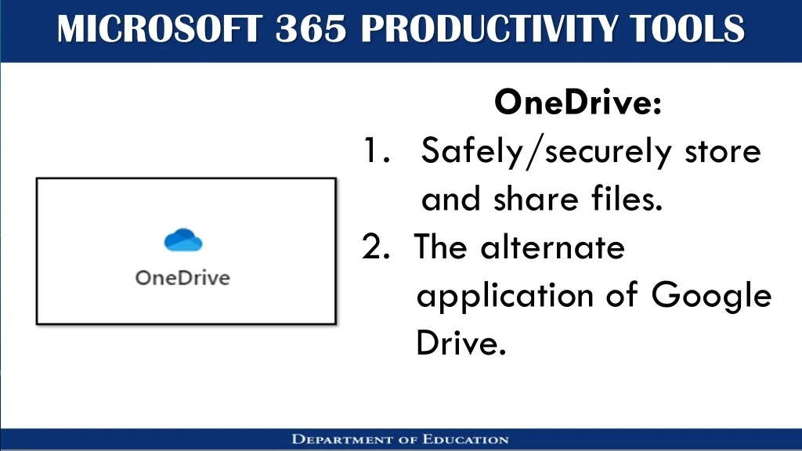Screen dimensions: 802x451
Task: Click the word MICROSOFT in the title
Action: [x=160, y=29]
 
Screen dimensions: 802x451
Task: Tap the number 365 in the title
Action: [x=311, y=29]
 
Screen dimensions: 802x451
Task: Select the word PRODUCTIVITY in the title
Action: [x=489, y=29]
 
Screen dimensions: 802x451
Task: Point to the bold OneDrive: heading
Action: [x=578, y=102]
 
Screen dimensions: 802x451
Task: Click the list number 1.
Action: [x=377, y=150]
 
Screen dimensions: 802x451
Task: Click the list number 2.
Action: [x=376, y=247]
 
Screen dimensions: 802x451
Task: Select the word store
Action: [x=723, y=152]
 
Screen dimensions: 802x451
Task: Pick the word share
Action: [x=536, y=198]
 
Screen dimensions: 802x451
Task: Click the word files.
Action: [x=627, y=198]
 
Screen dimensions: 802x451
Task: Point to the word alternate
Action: [x=552, y=247]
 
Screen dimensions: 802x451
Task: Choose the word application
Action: [x=505, y=296]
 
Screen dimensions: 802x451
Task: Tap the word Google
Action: [x=711, y=296]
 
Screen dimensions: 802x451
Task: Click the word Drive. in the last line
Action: [x=461, y=343]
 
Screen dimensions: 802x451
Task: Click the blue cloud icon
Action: [x=183, y=240]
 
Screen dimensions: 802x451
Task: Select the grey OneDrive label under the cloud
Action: [x=182, y=278]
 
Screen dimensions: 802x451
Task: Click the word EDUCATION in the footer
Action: [x=465, y=440]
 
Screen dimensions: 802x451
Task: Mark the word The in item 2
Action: [x=441, y=247]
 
